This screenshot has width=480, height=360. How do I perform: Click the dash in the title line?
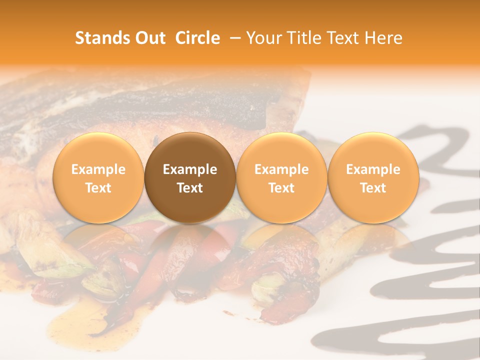(x=233, y=38)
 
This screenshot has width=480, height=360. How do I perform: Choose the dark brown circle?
(x=190, y=177)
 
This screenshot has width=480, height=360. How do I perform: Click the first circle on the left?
(x=98, y=177)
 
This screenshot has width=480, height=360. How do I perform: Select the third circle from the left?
(x=281, y=177)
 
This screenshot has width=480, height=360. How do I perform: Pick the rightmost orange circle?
(x=373, y=177)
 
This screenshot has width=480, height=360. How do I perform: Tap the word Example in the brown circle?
(x=190, y=169)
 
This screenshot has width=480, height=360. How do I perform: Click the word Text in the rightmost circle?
(x=373, y=188)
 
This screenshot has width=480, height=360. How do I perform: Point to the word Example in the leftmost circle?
(x=98, y=169)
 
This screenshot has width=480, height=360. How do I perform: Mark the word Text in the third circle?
(x=281, y=188)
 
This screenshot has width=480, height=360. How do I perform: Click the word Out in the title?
(x=150, y=38)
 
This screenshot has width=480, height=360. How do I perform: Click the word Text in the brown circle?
(x=190, y=188)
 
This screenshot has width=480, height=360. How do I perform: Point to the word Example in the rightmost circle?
(x=373, y=169)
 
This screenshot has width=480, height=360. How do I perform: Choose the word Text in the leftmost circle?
(x=98, y=188)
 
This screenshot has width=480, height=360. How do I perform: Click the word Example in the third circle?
(x=281, y=169)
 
